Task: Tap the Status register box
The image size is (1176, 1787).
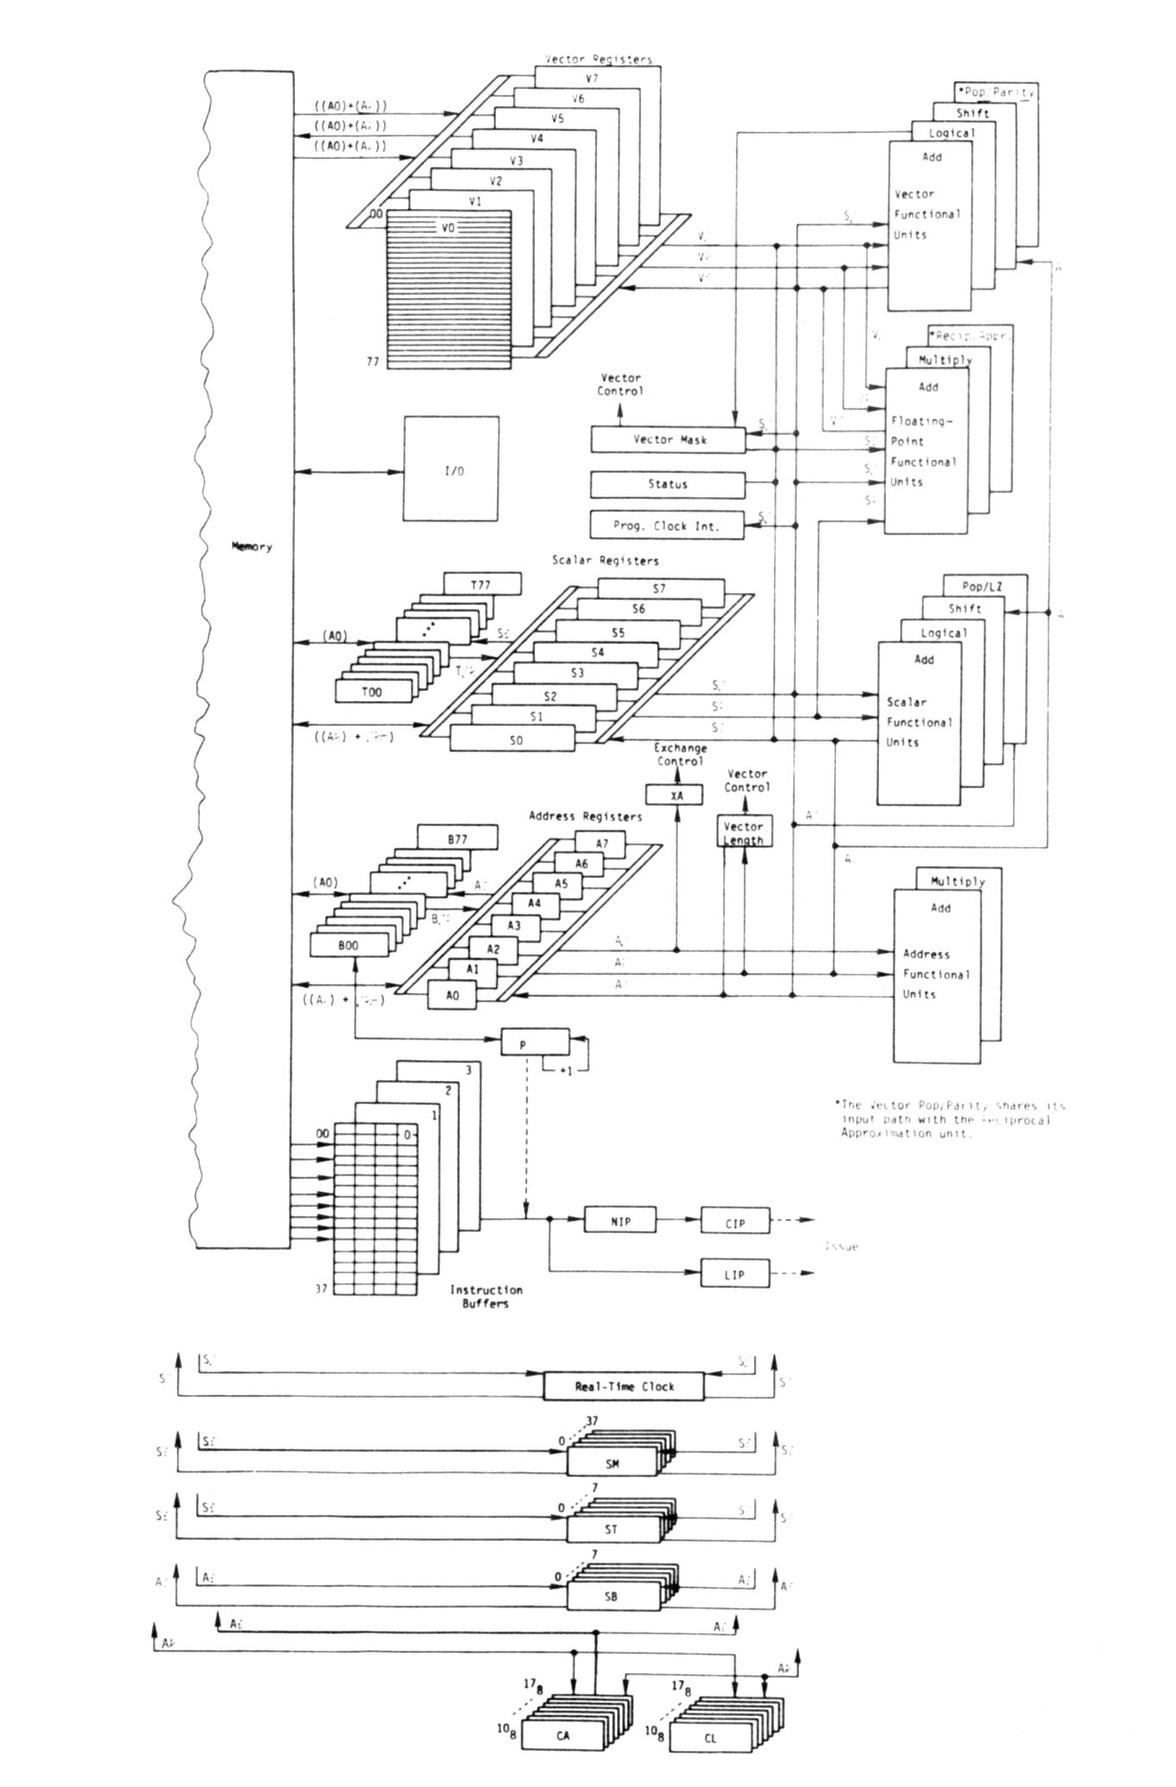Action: (668, 484)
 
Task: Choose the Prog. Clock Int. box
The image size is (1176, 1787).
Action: (667, 525)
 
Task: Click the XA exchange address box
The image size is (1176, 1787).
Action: (677, 795)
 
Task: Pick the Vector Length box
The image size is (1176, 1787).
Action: (744, 832)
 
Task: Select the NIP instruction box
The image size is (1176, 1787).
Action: (619, 1221)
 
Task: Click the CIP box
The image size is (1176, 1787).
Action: (735, 1222)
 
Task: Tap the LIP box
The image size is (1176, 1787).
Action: (734, 1273)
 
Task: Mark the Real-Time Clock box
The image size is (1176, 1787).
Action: (624, 1386)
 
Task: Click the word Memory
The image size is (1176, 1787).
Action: (252, 546)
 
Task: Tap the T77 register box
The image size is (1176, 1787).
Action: (481, 584)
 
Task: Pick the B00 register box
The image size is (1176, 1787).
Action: (349, 945)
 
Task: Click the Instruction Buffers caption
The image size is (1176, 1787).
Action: (486, 1296)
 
